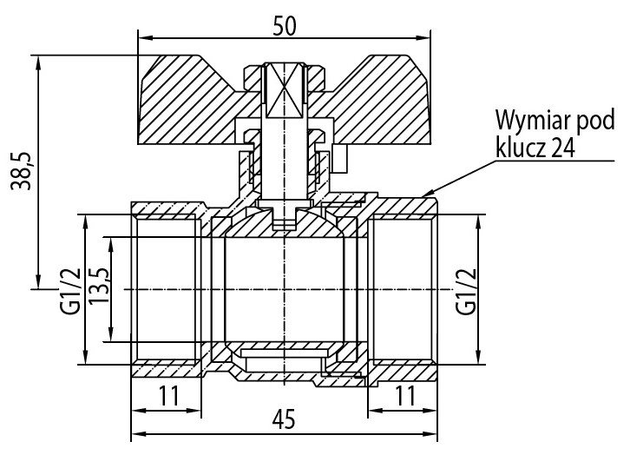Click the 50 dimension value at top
(x=284, y=27)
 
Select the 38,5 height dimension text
(x=21, y=170)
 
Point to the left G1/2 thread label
(x=70, y=292)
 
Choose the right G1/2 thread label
(x=466, y=292)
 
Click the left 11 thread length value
(x=168, y=396)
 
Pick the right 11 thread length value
(x=405, y=396)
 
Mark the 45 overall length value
(x=284, y=419)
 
